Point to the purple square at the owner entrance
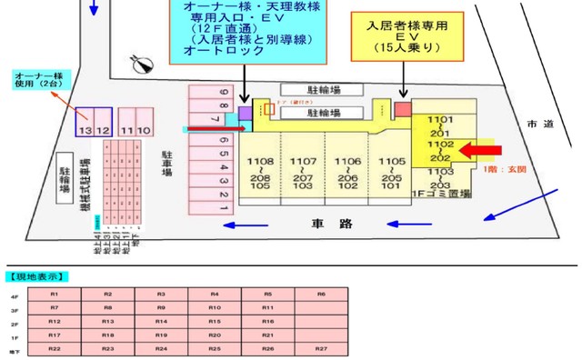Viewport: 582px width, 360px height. pos(245,111)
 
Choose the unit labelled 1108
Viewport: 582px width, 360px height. pos(258,160)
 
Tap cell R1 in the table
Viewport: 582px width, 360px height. pos(55,295)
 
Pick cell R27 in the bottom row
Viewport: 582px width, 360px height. pos(321,349)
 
